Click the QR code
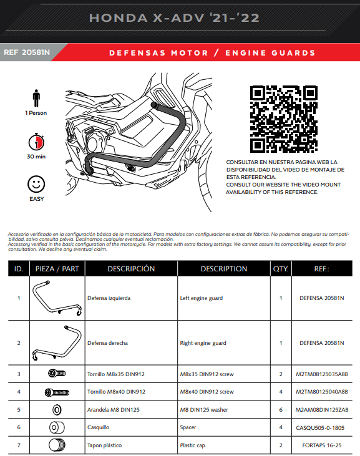[x=283, y=119]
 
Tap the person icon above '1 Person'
[x=36, y=98]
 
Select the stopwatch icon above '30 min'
[x=36, y=142]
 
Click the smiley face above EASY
[x=36, y=184]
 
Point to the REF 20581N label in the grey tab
[x=27, y=52]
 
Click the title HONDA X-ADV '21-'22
[x=174, y=18]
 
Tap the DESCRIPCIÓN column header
[x=131, y=269]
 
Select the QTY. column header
[x=281, y=269]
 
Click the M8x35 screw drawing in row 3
[x=57, y=373]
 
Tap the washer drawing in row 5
[x=57, y=410]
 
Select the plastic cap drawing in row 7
[x=57, y=445]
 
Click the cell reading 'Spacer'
[x=188, y=427]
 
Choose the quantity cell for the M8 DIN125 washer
[x=281, y=409]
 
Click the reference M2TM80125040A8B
[x=322, y=392]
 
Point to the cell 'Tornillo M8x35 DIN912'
[x=115, y=374]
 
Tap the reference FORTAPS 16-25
[x=322, y=445]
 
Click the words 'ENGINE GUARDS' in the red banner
[x=270, y=53]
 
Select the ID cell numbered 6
[x=19, y=427]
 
